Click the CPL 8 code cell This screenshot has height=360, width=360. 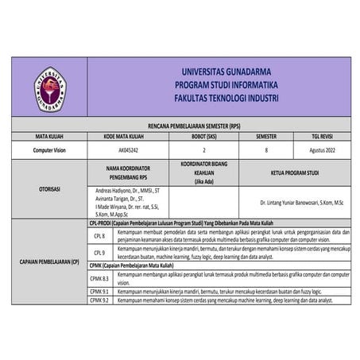[99, 236]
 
